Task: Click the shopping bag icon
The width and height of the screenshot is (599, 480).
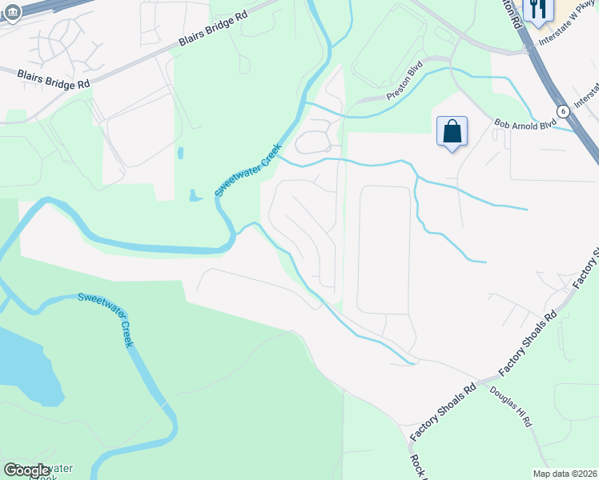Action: click(x=452, y=130)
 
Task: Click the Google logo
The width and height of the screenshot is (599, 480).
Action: click(x=27, y=470)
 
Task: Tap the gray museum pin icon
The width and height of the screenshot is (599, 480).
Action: click(x=11, y=14)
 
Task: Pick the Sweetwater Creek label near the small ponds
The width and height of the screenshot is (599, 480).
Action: click(x=247, y=170)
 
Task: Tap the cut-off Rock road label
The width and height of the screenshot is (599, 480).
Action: click(x=417, y=466)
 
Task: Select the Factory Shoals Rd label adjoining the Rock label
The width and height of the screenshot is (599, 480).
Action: click(x=443, y=411)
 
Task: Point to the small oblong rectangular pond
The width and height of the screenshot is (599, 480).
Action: click(x=179, y=153)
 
